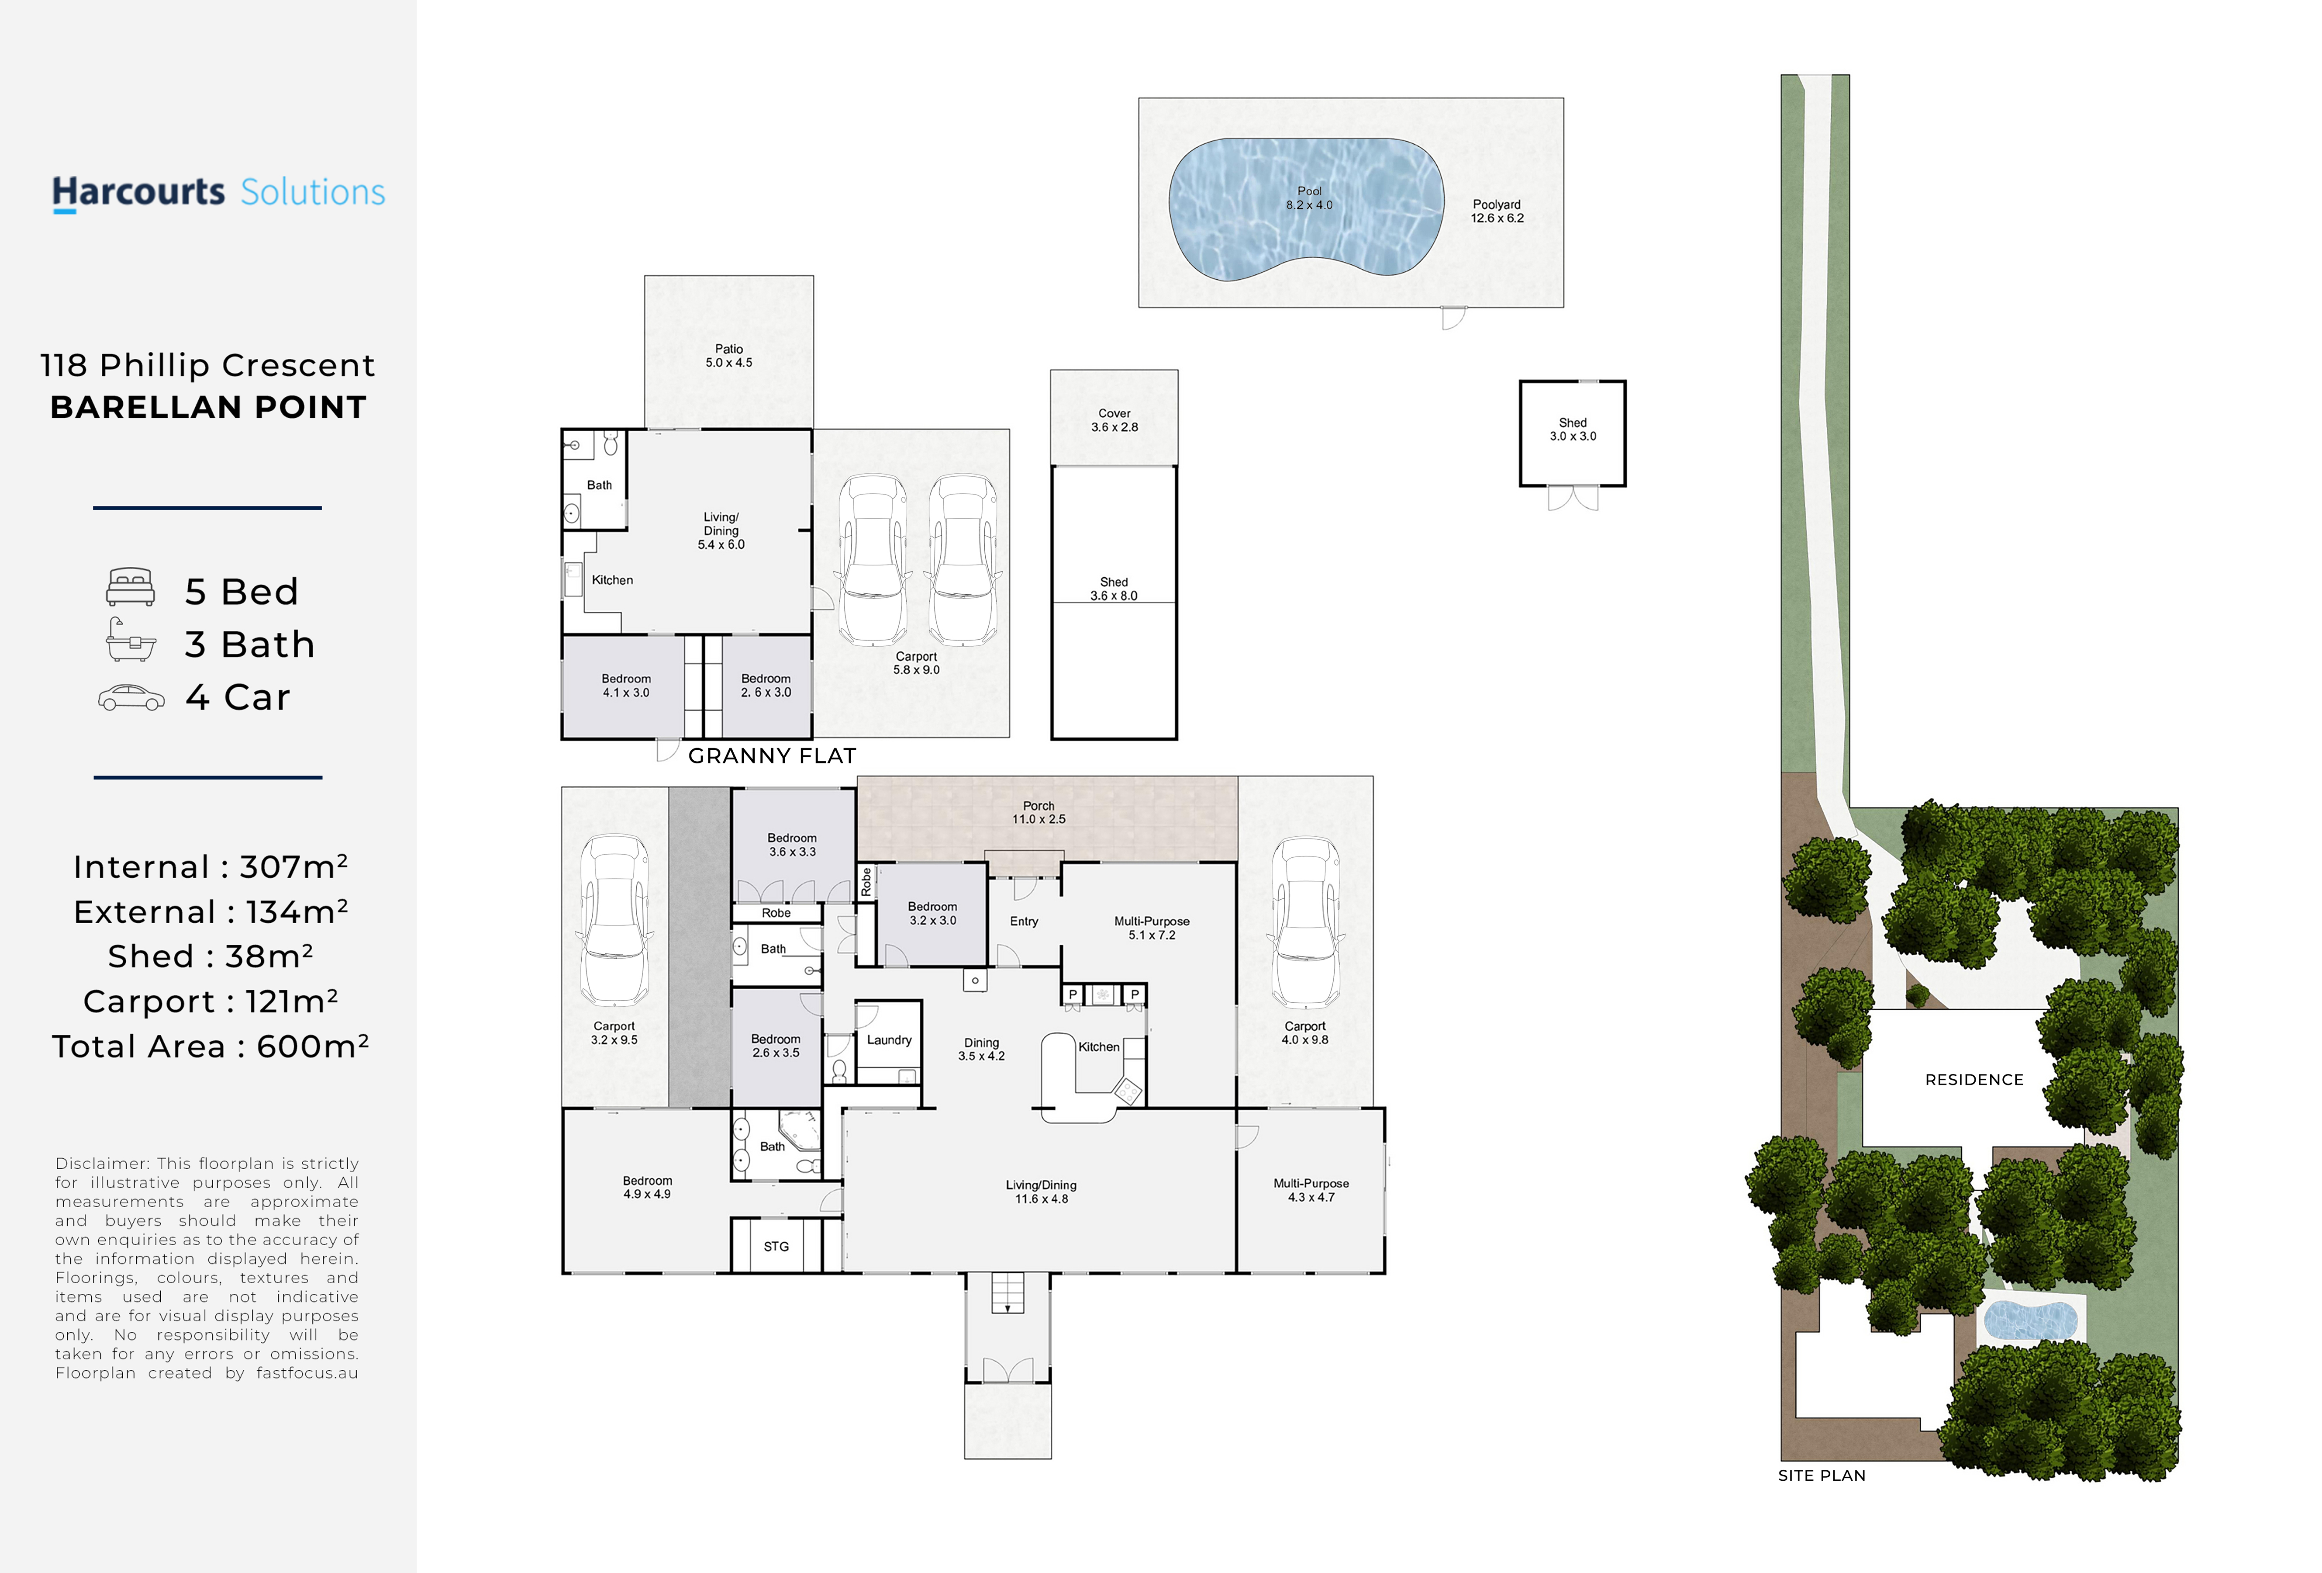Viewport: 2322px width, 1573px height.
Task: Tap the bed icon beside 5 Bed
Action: click(x=131, y=588)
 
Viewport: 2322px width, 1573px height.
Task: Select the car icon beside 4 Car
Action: click(x=131, y=697)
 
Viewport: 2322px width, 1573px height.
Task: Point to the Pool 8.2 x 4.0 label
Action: click(x=1309, y=198)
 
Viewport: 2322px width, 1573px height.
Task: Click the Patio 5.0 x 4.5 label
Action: click(x=729, y=356)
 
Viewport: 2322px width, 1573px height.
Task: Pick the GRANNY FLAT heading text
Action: click(x=773, y=756)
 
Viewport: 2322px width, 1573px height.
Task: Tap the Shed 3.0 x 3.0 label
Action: click(x=1573, y=430)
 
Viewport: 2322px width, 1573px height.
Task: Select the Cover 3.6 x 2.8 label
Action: click(x=1114, y=420)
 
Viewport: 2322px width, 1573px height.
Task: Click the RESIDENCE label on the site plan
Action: click(x=1974, y=1080)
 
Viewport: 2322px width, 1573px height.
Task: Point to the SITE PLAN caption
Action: click(x=1822, y=1476)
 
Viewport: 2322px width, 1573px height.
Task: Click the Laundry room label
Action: click(x=889, y=1040)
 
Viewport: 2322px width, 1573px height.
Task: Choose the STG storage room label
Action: click(x=776, y=1247)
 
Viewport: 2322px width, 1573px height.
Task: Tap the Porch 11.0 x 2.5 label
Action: click(x=1039, y=812)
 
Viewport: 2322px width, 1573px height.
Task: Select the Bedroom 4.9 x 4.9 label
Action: click(x=648, y=1187)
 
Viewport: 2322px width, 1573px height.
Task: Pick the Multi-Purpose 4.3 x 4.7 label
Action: click(x=1311, y=1190)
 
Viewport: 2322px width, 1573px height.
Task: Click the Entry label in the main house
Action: click(x=1024, y=922)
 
